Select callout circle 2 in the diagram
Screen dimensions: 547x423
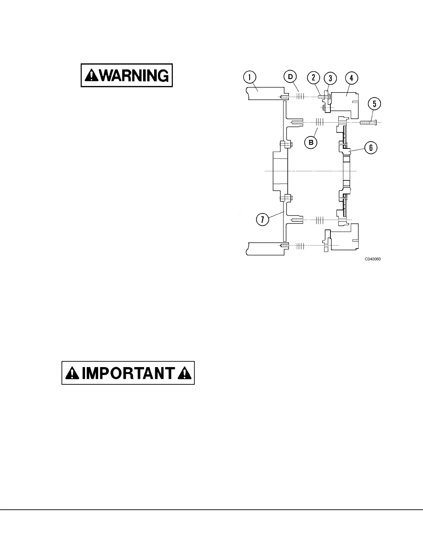click(x=314, y=78)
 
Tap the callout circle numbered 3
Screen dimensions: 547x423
click(x=330, y=78)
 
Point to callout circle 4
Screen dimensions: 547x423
click(x=351, y=78)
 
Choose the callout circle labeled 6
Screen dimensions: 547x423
click(x=370, y=148)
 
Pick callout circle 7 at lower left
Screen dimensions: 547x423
click(x=263, y=220)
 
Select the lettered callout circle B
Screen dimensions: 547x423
click(x=311, y=143)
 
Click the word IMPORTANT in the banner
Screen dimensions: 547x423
click(x=128, y=373)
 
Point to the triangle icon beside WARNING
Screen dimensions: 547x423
click(x=91, y=75)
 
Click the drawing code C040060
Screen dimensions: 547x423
click(x=373, y=259)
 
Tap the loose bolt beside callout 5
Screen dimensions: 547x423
click(x=368, y=122)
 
